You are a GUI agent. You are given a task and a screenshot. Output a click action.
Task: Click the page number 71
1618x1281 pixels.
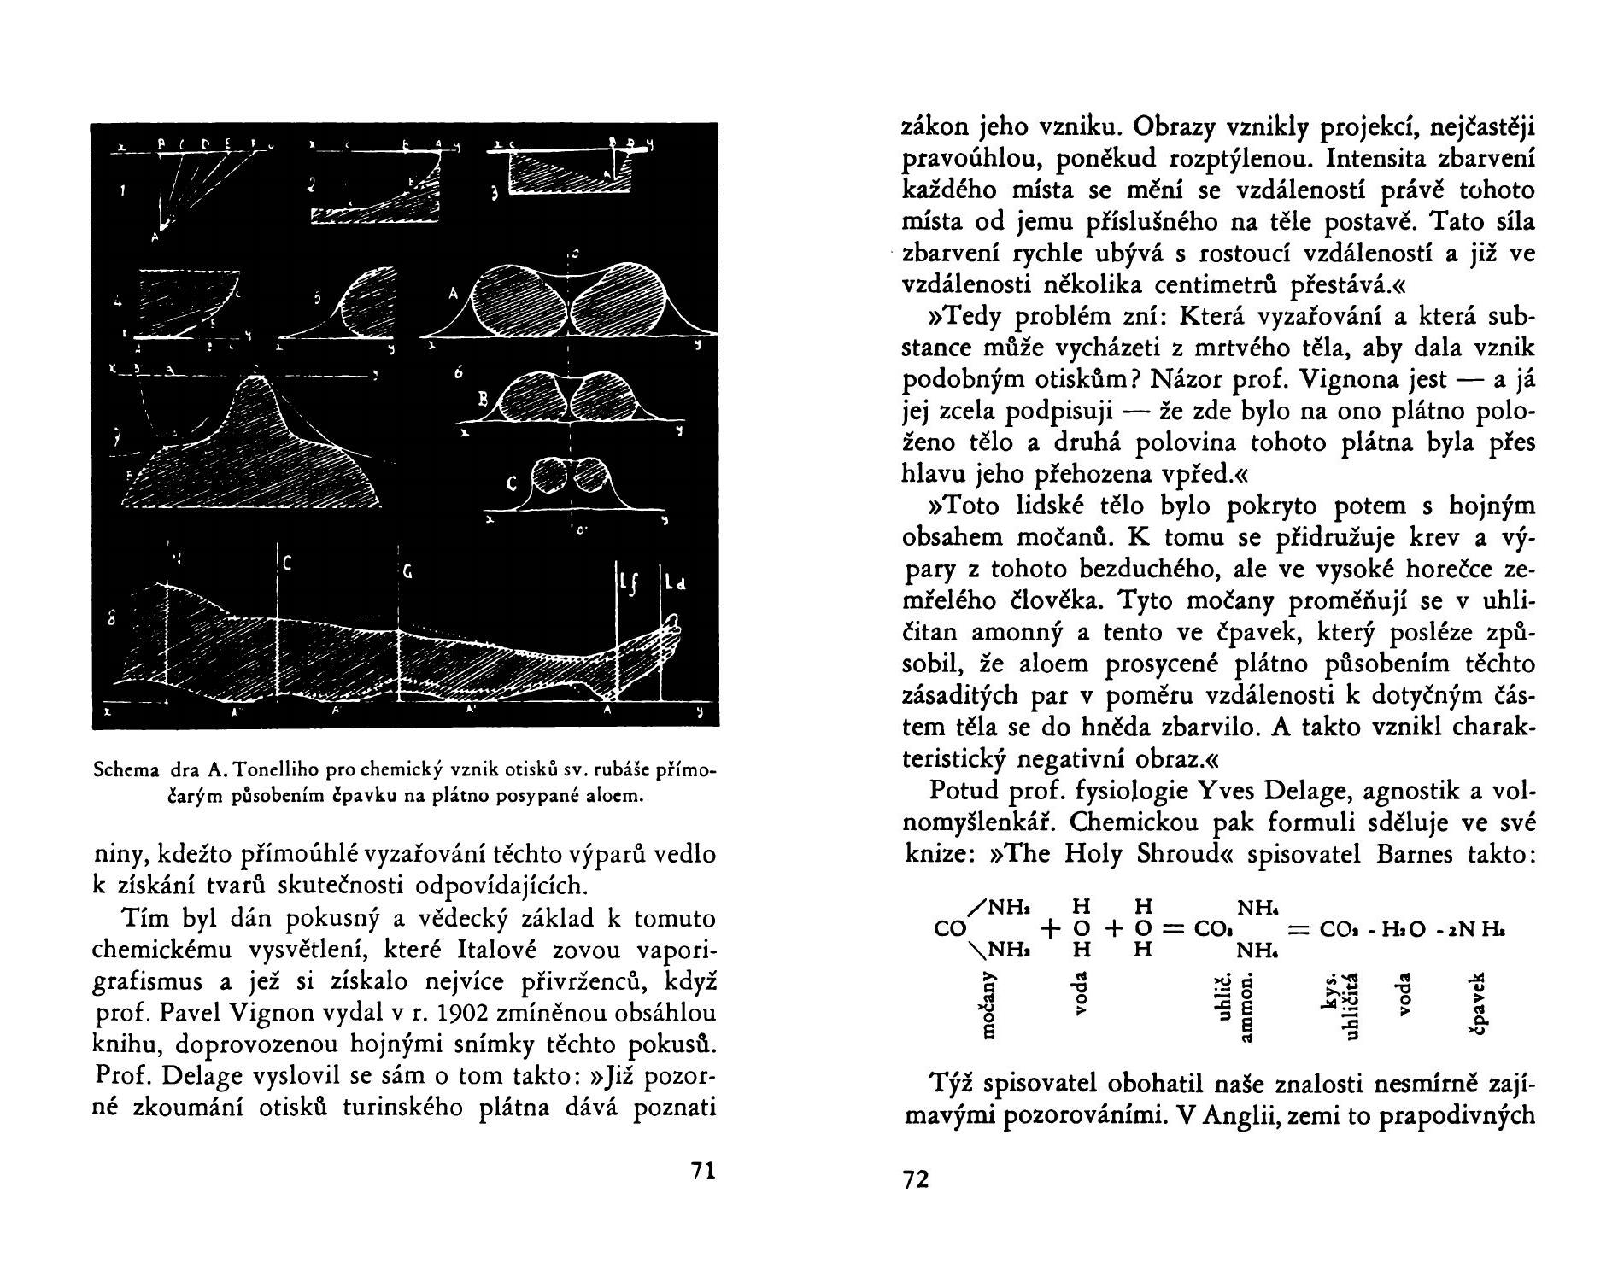[701, 1171]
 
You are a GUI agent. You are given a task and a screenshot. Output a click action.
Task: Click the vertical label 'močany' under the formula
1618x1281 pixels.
[988, 1005]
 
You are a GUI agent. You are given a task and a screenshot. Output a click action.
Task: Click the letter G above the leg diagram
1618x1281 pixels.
[407, 575]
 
